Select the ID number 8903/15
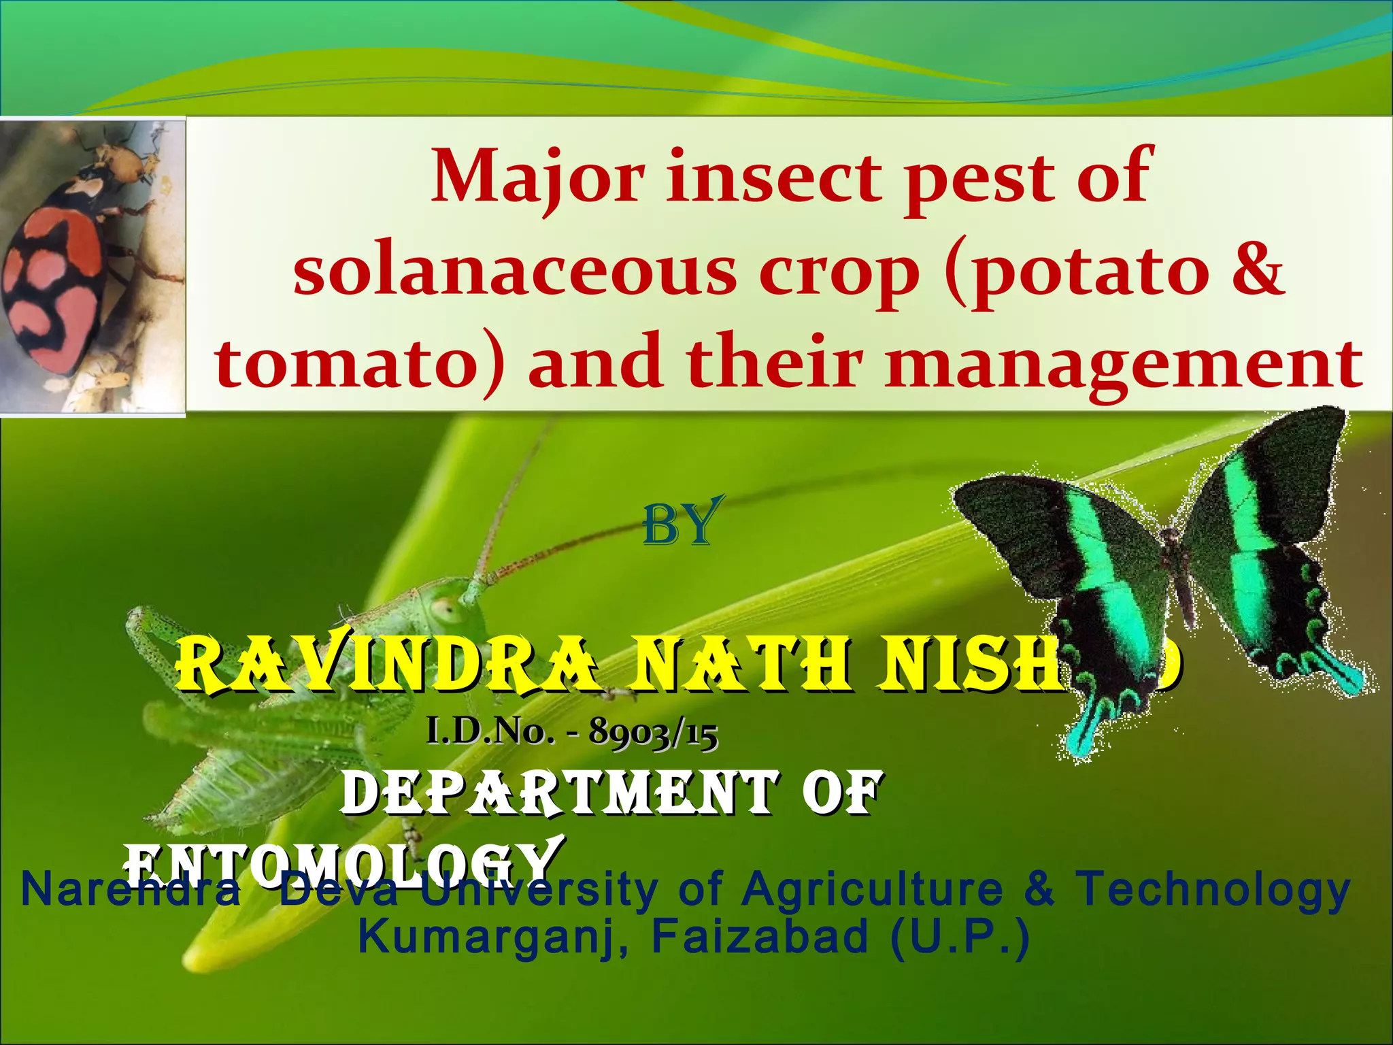coord(653,733)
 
